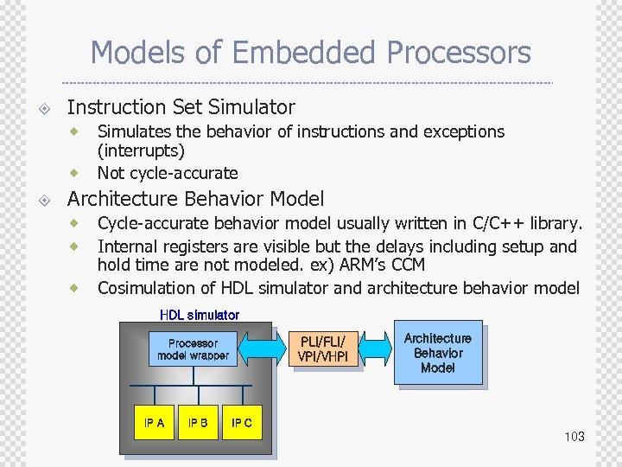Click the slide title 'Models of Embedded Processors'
coord(310,53)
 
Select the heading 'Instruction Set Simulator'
coord(181,107)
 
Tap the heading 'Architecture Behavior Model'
coord(195,199)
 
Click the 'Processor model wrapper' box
coord(193,349)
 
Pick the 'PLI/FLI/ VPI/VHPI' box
coord(322,349)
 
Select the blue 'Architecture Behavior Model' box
coord(438,353)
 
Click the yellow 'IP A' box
coord(154,424)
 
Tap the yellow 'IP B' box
coord(198,424)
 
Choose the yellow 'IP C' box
coord(242,424)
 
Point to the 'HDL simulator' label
coord(200,315)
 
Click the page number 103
coord(574,437)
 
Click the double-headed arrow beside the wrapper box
coord(264,349)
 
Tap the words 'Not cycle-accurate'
coord(168,173)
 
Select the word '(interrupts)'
coord(141,151)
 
